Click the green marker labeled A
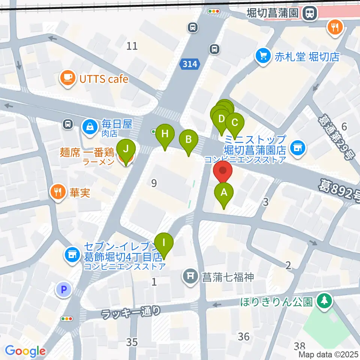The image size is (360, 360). [x=224, y=193]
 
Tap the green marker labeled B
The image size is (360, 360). [x=188, y=140]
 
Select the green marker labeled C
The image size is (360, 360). [x=235, y=123]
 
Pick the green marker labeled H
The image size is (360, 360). [x=165, y=134]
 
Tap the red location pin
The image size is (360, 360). [x=223, y=171]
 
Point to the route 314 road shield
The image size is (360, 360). [x=189, y=64]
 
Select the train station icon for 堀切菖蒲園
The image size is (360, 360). [x=310, y=13]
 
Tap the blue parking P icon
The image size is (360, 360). [x=63, y=289]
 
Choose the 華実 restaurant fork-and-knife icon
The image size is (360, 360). [x=58, y=192]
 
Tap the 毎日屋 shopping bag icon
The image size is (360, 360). [x=90, y=126]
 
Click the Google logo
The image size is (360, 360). [x=25, y=351]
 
